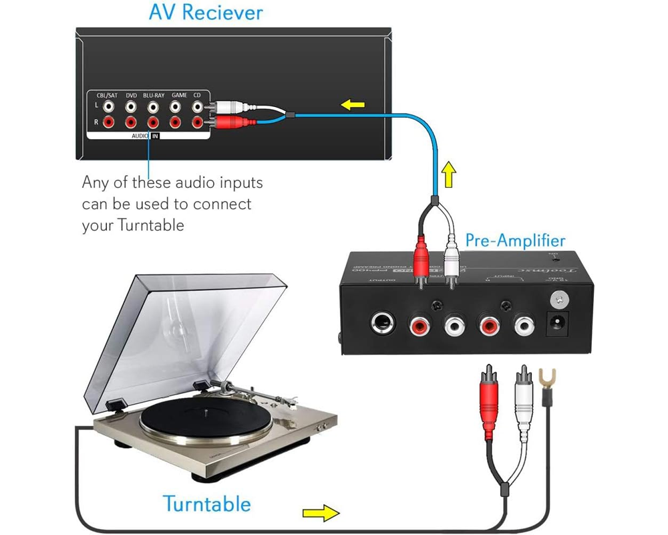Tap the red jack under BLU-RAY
point(153,122)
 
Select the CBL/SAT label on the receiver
point(106,96)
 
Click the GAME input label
point(178,96)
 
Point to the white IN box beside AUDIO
point(155,136)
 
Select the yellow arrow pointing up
point(449,175)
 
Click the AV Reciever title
point(206,13)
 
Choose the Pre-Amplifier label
point(515,240)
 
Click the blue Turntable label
point(207,504)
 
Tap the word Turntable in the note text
point(150,225)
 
